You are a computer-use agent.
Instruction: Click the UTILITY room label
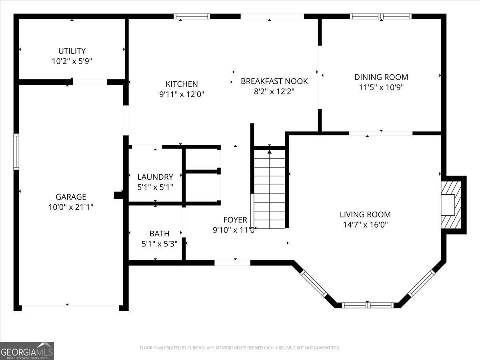(72, 51)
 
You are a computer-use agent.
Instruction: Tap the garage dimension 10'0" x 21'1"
(71, 207)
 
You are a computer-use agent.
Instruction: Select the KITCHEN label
(182, 84)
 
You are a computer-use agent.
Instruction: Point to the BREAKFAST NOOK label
(274, 81)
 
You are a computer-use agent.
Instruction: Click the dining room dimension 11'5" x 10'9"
(381, 88)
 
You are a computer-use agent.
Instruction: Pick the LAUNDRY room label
(155, 177)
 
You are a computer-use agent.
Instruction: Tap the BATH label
(160, 234)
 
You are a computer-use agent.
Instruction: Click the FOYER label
(235, 220)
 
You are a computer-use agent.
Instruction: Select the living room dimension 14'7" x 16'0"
(365, 225)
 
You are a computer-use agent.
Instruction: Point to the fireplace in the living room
(451, 205)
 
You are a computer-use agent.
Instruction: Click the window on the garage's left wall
(16, 152)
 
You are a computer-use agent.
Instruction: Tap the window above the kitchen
(192, 16)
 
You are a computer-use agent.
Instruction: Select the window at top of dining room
(381, 16)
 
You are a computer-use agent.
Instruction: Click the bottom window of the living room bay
(368, 305)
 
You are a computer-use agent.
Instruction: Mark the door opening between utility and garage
(90, 82)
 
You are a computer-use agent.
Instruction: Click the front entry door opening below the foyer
(232, 263)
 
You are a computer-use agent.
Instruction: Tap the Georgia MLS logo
(27, 351)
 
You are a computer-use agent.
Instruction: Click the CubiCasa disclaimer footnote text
(240, 348)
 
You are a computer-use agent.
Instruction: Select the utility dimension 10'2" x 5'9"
(72, 61)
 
